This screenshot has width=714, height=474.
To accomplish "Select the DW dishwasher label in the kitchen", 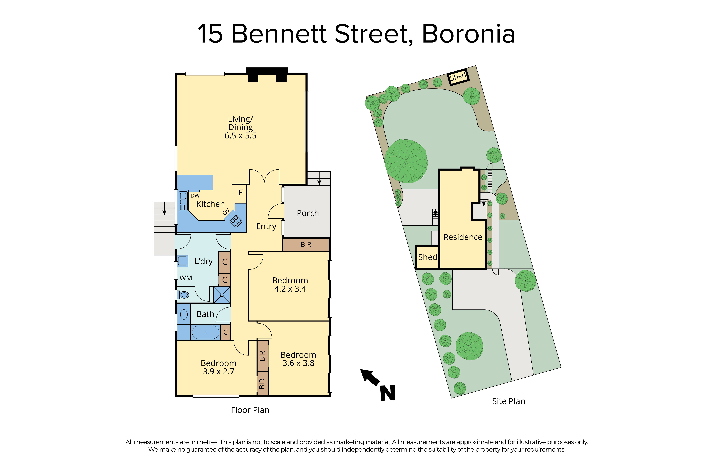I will click(x=195, y=196).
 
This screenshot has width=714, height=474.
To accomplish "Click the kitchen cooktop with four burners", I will click(x=236, y=221).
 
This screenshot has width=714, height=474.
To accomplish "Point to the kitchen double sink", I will click(x=183, y=201).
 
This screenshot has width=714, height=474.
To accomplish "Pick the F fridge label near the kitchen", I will click(x=241, y=193).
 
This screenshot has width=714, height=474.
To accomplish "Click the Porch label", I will click(x=308, y=213).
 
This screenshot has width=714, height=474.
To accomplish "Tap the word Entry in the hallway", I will click(x=266, y=226).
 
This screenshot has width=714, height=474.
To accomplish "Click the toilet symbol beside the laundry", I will click(x=183, y=294).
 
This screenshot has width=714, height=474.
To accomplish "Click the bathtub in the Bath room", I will click(x=206, y=332).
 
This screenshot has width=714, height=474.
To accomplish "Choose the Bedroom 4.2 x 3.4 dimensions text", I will click(x=290, y=289).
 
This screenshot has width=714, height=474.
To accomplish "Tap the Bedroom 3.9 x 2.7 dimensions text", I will click(x=218, y=372).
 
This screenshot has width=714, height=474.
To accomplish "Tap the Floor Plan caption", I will click(x=250, y=410).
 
